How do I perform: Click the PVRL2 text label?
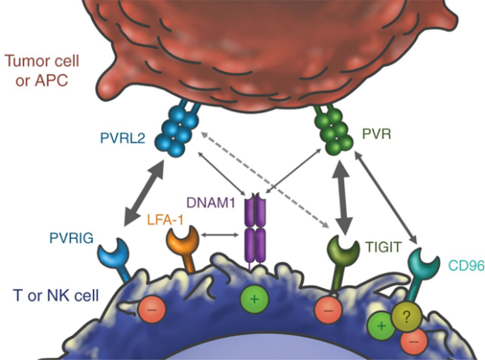click(x=122, y=138)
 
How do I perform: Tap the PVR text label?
click(x=377, y=134)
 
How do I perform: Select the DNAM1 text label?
click(x=211, y=203)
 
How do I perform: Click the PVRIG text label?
click(x=71, y=238)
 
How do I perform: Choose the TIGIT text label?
click(x=383, y=247)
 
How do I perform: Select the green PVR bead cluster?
click(x=334, y=129)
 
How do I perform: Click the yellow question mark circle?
click(x=406, y=317)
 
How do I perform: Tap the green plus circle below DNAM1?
click(x=254, y=299)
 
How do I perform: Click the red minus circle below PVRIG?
click(x=151, y=310)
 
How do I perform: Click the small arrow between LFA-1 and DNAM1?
click(x=220, y=235)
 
